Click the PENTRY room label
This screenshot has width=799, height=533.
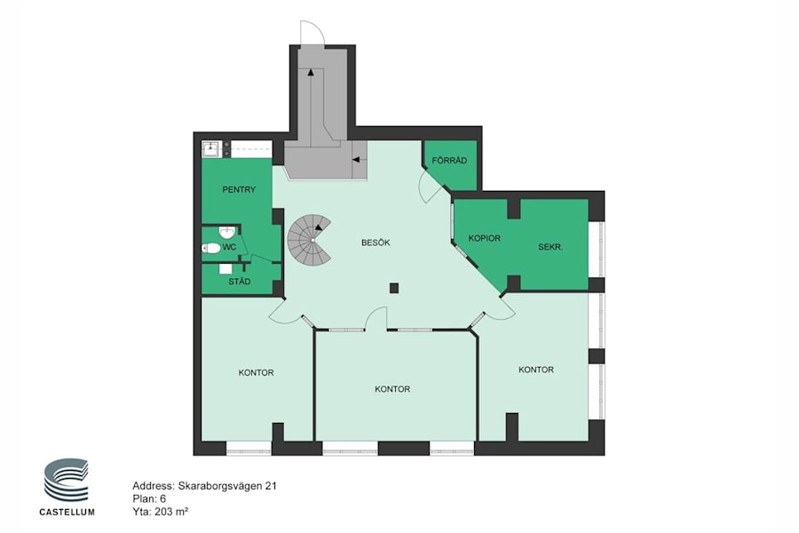click(x=239, y=189)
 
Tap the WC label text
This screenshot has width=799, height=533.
click(x=229, y=246)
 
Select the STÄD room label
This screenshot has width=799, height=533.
click(x=239, y=282)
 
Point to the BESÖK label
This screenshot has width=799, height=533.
click(x=376, y=242)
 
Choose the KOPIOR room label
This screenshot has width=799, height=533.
click(x=485, y=238)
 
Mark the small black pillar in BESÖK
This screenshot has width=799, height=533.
click(x=394, y=287)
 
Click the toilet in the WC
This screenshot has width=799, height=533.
click(x=211, y=248)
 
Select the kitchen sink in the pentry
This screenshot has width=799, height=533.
click(x=210, y=148)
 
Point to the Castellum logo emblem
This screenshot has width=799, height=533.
click(x=67, y=481)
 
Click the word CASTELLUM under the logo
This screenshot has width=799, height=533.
click(x=67, y=511)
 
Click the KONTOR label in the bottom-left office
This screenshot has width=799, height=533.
click(x=256, y=372)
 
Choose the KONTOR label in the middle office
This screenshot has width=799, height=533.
click(x=392, y=389)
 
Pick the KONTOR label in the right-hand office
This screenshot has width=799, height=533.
click(x=536, y=370)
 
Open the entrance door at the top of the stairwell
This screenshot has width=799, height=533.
click(x=312, y=34)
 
